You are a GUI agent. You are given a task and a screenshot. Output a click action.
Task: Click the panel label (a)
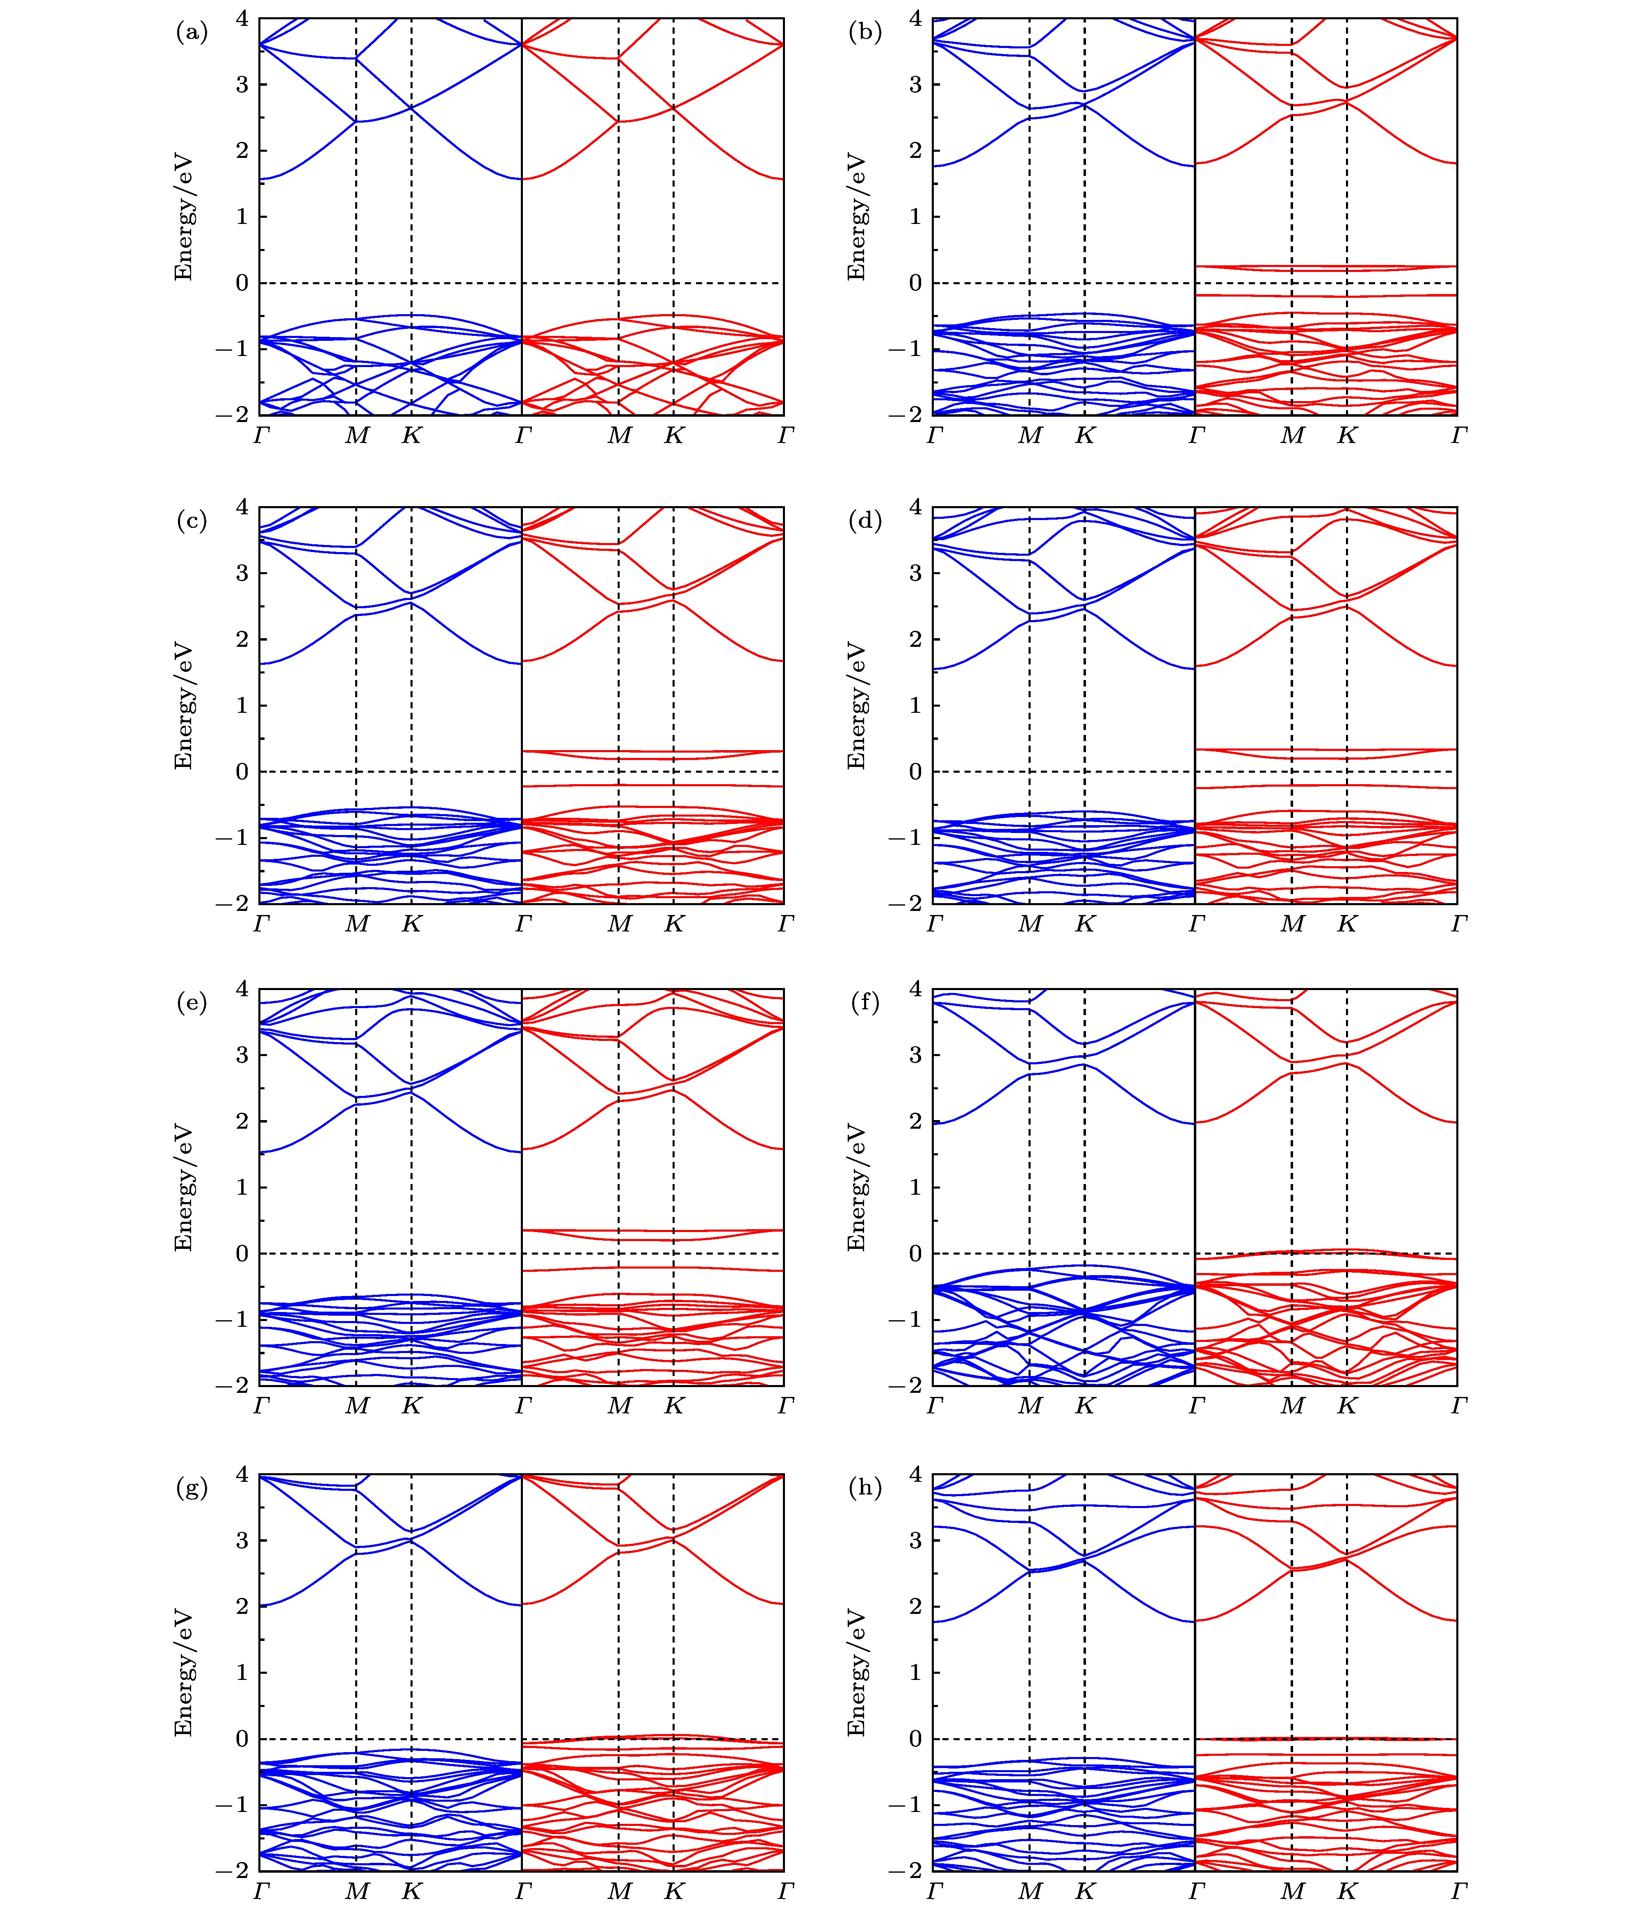pyautogui.click(x=192, y=33)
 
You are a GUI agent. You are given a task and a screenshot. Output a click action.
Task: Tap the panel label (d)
pyautogui.click(x=865, y=522)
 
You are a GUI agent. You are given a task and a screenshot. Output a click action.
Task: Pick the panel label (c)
pyautogui.click(x=192, y=522)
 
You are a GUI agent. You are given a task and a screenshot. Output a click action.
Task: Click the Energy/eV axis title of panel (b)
pyautogui.click(x=857, y=217)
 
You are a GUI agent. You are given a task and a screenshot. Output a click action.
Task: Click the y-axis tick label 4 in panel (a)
pyautogui.click(x=242, y=18)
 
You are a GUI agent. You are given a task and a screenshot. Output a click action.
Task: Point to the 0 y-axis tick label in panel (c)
pyautogui.click(x=242, y=771)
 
